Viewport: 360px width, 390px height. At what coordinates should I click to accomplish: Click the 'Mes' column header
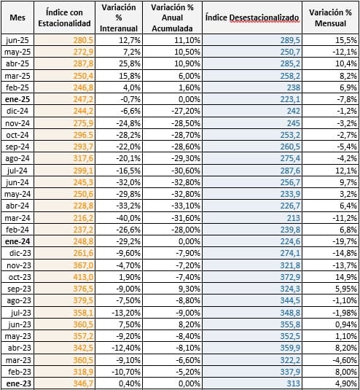pyautogui.click(x=17, y=17)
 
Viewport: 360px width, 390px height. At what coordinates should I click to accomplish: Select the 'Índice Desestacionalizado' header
pyautogui.click(x=252, y=17)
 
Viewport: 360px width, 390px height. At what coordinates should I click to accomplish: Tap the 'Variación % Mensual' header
pyautogui.click(x=330, y=17)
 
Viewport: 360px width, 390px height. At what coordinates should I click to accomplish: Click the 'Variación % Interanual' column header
pyautogui.click(x=119, y=17)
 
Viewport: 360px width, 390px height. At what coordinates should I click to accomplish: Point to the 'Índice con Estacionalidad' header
pyautogui.click(x=64, y=17)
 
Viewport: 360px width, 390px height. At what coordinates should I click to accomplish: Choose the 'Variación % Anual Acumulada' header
pyautogui.click(x=172, y=17)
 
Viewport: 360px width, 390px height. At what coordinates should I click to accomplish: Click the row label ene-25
pyautogui.click(x=17, y=99)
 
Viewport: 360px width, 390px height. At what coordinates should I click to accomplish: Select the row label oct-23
pyautogui.click(x=20, y=277)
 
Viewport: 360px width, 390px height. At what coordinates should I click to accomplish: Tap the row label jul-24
pyautogui.click(x=17, y=171)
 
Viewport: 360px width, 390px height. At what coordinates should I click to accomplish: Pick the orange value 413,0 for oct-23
pyautogui.click(x=83, y=277)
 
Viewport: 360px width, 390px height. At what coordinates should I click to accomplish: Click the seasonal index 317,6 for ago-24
pyautogui.click(x=83, y=158)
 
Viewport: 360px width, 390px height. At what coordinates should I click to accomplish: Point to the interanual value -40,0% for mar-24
pyautogui.click(x=128, y=218)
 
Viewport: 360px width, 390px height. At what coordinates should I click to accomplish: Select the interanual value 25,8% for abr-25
pyautogui.click(x=130, y=63)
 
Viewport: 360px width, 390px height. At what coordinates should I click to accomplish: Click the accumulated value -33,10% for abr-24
pyautogui.click(x=186, y=206)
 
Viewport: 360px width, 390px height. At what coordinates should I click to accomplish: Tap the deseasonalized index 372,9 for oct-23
pyautogui.click(x=290, y=277)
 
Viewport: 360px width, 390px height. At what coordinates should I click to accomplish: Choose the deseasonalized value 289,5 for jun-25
pyautogui.click(x=290, y=40)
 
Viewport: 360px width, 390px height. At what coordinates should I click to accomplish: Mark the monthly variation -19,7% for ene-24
pyautogui.click(x=345, y=241)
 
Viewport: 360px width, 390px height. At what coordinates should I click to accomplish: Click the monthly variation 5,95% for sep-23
pyautogui.click(x=345, y=289)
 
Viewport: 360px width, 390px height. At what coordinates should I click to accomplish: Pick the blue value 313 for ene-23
pyautogui.click(x=294, y=383)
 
